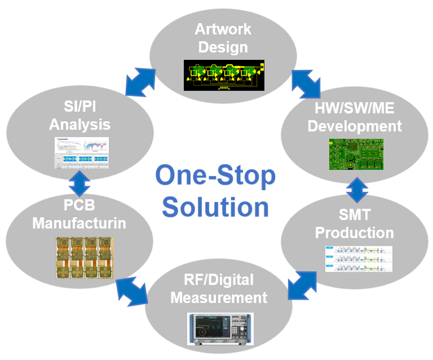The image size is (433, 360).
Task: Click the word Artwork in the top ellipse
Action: [x=223, y=29]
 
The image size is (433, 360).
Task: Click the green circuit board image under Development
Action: [x=356, y=153]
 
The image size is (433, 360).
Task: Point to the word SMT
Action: [x=354, y=214]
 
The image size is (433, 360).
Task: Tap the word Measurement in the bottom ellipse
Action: [x=219, y=297]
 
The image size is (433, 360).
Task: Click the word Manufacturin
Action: [x=79, y=223]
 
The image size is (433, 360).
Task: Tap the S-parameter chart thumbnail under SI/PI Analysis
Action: [x=83, y=154]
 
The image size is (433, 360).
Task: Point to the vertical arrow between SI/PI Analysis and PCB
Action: [x=79, y=182]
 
